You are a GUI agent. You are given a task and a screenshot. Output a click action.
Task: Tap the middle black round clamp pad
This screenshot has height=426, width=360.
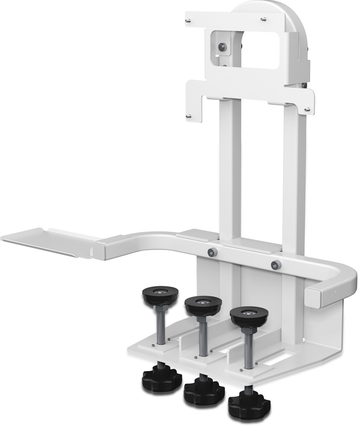(203, 305)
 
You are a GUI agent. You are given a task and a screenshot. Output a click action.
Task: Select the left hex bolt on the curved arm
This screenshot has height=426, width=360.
(212, 252)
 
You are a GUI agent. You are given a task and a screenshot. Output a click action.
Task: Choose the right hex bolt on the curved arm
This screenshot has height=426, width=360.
(276, 265)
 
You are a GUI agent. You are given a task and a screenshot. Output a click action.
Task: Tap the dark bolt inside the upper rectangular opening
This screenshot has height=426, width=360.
(223, 47)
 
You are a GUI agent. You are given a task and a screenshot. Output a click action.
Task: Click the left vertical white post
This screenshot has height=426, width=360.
(230, 166)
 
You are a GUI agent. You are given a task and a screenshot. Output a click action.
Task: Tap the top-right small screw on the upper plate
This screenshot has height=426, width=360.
(263, 19)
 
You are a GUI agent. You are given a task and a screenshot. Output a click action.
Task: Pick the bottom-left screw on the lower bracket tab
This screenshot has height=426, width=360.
(189, 116)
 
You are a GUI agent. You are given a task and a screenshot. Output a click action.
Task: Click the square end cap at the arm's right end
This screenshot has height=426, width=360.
(313, 296)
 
